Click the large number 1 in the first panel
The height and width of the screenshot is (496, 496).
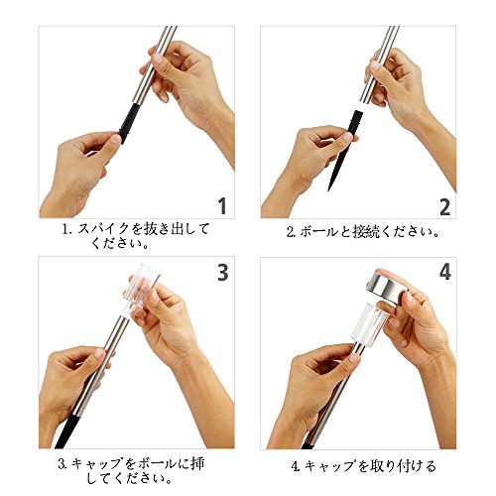[222, 205]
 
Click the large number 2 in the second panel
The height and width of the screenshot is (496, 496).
[445, 206]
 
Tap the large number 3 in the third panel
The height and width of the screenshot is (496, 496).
[223, 273]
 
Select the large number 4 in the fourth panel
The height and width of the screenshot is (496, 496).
[445, 272]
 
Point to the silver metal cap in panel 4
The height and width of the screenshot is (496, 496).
[387, 287]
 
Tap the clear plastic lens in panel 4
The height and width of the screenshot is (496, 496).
[370, 325]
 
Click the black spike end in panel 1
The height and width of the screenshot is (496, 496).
[129, 123]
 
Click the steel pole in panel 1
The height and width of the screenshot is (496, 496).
[155, 64]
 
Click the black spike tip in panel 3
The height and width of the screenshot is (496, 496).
[67, 432]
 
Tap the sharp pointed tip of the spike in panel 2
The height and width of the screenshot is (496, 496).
[329, 189]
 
